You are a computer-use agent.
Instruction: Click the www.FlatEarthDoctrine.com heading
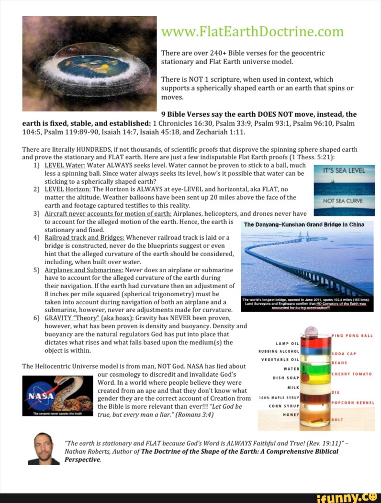(252, 32)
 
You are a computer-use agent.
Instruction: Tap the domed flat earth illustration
(90, 64)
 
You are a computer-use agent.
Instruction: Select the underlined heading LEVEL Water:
(66, 165)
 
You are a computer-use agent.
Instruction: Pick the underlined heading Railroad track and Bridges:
(84, 237)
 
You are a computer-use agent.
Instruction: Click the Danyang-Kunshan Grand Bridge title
(304, 224)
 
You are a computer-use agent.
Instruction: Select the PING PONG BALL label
(352, 335)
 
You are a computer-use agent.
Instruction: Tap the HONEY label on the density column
(290, 414)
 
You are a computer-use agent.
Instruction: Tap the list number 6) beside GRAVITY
(36, 318)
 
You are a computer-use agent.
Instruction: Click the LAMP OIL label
(288, 343)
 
